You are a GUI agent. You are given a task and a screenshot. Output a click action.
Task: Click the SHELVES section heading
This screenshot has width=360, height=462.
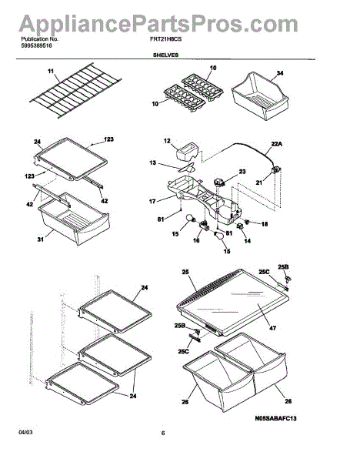click(165, 55)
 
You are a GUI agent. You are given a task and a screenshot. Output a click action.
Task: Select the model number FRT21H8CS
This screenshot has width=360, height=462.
click(165, 39)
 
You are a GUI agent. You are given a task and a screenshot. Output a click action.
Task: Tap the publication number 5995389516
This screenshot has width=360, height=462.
click(36, 45)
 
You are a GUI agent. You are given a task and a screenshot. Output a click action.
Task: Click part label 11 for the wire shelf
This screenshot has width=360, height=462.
click(51, 71)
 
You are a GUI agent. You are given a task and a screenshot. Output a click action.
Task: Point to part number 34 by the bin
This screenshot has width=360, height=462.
click(280, 72)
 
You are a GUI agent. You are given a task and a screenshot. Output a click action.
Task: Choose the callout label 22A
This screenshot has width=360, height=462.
click(277, 144)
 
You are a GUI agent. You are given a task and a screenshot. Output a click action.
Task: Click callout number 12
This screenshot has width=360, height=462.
click(167, 141)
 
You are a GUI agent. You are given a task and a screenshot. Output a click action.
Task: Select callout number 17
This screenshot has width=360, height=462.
click(152, 202)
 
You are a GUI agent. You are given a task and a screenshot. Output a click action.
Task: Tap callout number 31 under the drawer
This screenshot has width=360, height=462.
click(41, 239)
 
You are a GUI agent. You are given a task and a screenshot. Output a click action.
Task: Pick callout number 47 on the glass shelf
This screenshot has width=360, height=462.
click(273, 328)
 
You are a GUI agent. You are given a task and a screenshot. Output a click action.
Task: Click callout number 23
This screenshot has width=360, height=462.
click(242, 172)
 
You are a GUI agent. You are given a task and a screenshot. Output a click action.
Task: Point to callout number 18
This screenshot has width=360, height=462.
click(265, 224)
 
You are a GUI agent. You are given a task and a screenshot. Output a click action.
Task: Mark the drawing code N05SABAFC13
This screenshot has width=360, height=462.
click(276, 418)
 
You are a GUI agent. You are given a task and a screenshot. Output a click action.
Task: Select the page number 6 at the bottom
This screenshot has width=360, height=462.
click(163, 433)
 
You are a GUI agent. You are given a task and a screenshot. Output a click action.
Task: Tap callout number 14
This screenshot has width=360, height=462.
click(248, 241)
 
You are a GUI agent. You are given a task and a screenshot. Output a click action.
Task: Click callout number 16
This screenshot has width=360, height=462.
click(196, 240)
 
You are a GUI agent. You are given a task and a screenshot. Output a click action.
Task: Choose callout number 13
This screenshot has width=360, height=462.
click(152, 162)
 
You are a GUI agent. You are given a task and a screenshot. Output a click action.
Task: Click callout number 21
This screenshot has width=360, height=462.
click(258, 182)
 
